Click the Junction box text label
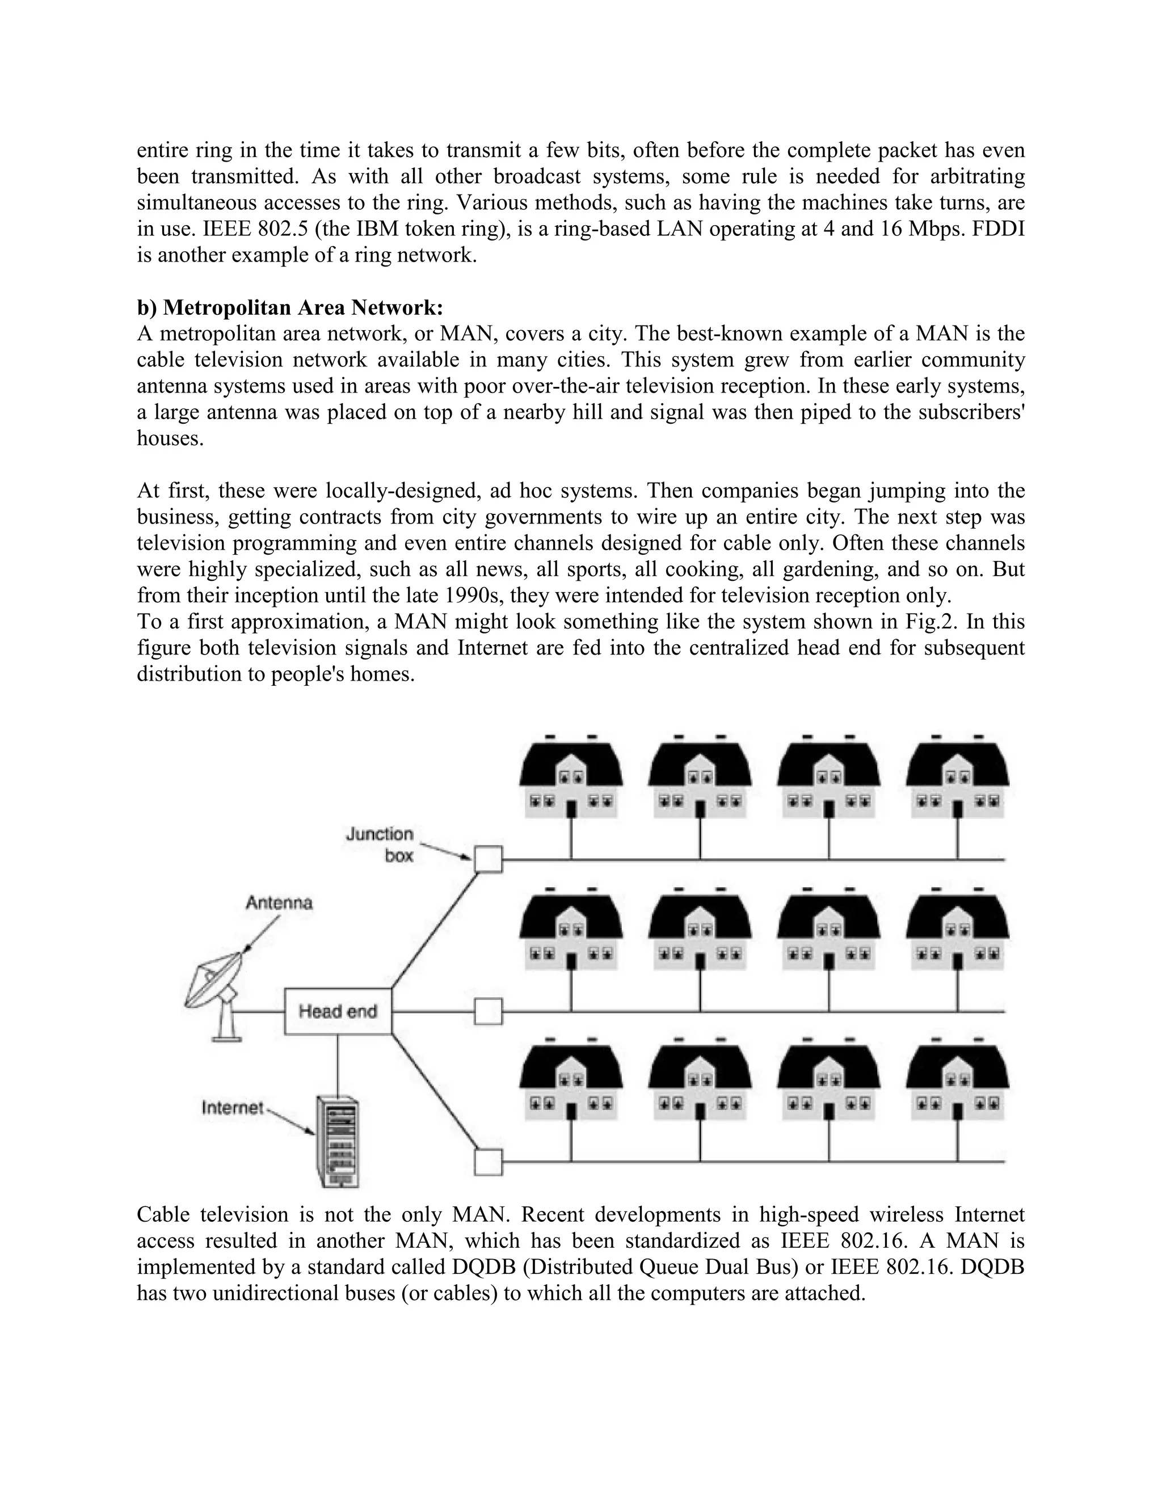(x=380, y=845)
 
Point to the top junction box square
(x=488, y=859)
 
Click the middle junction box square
(x=488, y=1012)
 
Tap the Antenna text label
(x=279, y=902)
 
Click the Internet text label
(x=232, y=1107)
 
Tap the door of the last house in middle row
(x=957, y=961)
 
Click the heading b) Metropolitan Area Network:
(x=290, y=307)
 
